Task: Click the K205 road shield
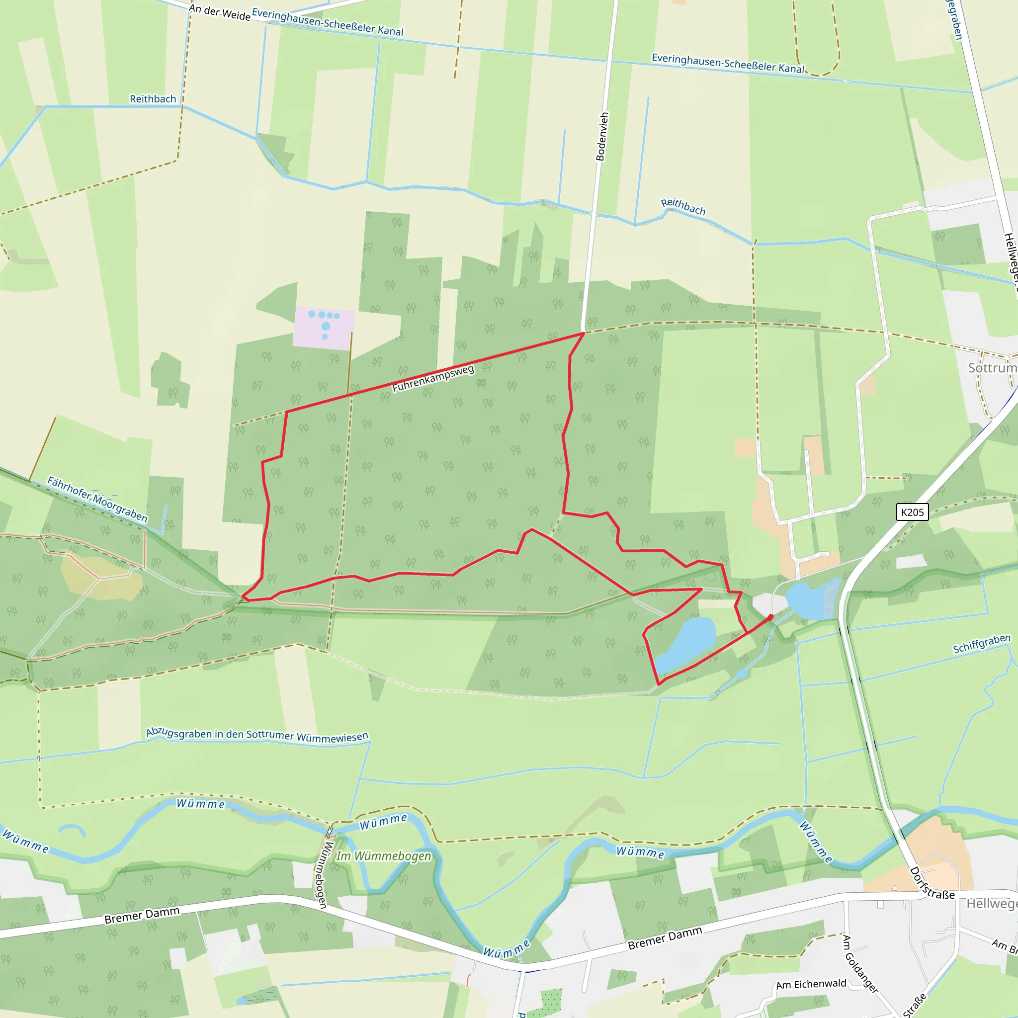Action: (x=912, y=512)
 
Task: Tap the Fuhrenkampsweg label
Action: (x=432, y=378)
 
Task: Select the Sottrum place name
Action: (x=992, y=368)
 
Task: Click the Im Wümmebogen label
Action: (x=384, y=856)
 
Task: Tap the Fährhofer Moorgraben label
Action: (x=97, y=499)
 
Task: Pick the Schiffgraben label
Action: (x=982, y=643)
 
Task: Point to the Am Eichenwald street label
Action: (x=811, y=984)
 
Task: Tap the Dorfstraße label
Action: (x=932, y=884)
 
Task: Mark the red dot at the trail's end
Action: (x=771, y=616)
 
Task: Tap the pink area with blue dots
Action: (x=324, y=327)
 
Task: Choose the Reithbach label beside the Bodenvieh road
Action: (x=683, y=207)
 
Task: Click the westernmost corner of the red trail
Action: (x=243, y=596)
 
